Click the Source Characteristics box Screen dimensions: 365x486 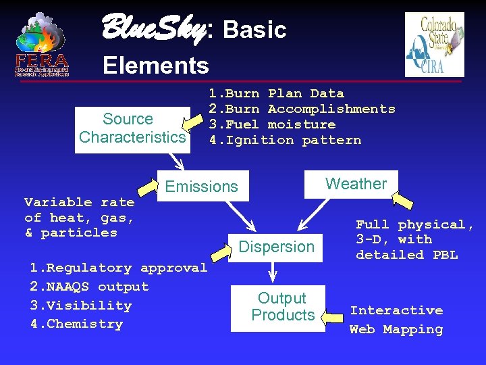click(x=132, y=129)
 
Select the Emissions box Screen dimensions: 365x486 click(x=202, y=187)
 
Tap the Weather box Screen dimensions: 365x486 click(x=356, y=184)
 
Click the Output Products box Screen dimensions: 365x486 click(x=282, y=307)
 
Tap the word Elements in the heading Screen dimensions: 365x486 click(x=156, y=66)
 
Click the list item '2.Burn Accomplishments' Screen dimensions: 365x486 click(x=301, y=109)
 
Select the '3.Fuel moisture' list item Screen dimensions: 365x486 click(x=271, y=124)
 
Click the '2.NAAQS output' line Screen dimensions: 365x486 click(x=89, y=287)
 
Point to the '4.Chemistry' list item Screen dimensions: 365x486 click(x=76, y=324)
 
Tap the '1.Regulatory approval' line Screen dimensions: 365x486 click(x=118, y=268)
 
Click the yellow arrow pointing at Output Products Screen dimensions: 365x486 click(x=333, y=315)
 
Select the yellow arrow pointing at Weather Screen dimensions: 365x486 click(x=404, y=200)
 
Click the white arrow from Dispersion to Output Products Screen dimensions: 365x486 click(x=273, y=271)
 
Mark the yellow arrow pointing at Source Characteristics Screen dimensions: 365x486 click(x=196, y=123)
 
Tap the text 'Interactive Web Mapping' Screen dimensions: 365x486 click(x=396, y=320)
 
